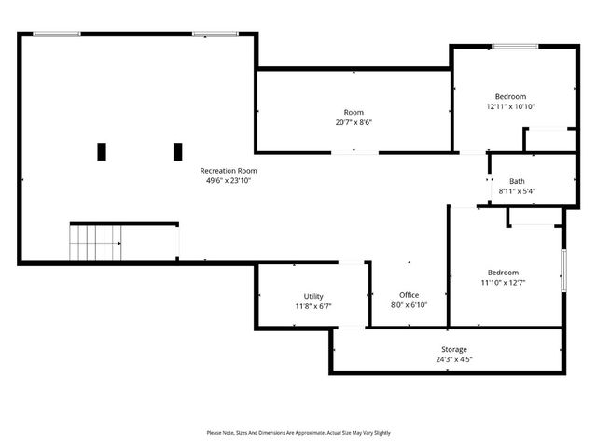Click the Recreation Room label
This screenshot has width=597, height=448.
click(229, 171)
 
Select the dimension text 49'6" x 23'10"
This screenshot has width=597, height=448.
click(229, 180)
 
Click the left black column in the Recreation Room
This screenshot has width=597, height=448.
click(102, 151)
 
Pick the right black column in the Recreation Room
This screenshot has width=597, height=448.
click(177, 151)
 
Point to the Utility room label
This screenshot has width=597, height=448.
click(313, 296)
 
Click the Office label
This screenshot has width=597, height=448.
click(409, 295)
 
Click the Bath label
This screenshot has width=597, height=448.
click(517, 181)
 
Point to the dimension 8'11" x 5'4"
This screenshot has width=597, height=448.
click(517, 191)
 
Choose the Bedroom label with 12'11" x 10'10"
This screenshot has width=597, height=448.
click(510, 96)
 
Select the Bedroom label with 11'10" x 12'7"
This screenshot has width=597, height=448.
click(500, 273)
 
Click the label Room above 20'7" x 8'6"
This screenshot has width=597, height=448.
click(354, 112)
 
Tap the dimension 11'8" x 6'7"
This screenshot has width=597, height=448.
click(313, 305)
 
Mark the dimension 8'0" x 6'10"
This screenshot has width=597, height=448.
click(409, 304)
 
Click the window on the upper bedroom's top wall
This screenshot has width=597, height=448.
click(513, 46)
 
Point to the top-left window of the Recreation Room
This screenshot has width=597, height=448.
click(57, 35)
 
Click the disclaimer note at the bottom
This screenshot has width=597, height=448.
click(298, 433)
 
